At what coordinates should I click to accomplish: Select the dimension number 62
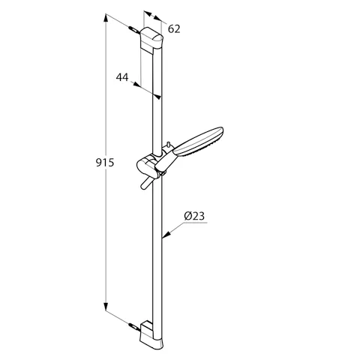175,29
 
